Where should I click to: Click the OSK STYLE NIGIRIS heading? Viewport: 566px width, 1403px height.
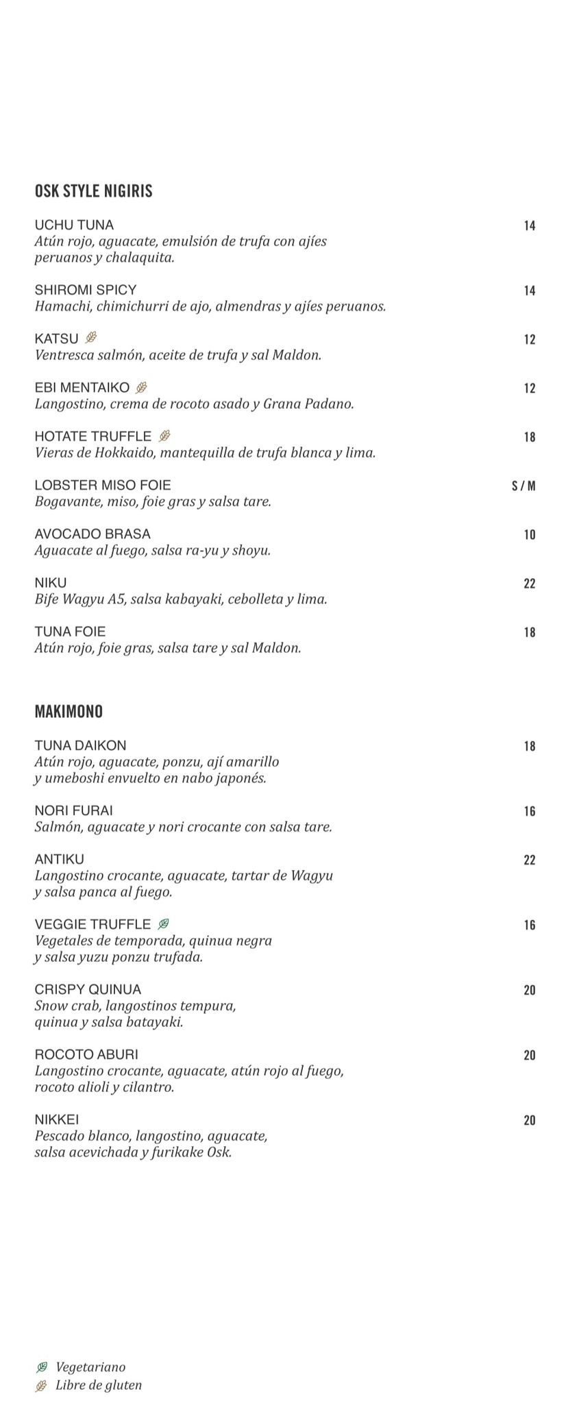[93, 191]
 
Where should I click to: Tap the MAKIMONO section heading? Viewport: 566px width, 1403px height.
[69, 712]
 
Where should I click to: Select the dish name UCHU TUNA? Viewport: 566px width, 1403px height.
[74, 225]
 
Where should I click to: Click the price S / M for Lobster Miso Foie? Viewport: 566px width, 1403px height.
[524, 486]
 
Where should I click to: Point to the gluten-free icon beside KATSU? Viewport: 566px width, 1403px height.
[91, 338]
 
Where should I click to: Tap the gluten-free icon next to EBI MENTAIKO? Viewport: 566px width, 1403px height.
[142, 387]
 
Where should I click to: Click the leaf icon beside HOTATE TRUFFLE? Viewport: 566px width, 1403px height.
[164, 436]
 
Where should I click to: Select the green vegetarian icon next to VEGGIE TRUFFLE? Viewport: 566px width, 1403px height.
[163, 924]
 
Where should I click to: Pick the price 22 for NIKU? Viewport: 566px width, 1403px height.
[529, 584]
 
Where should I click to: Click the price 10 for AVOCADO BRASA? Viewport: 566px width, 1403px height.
[529, 535]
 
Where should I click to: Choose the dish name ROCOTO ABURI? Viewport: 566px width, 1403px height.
[86, 1054]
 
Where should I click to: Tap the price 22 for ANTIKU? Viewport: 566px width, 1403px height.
[529, 860]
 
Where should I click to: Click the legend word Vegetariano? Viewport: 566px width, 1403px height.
[90, 1367]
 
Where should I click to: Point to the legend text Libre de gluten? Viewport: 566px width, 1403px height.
[99, 1385]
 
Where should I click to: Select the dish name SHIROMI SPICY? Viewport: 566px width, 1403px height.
[86, 290]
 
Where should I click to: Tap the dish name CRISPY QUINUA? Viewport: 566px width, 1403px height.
[88, 989]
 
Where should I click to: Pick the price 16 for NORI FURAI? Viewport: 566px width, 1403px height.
[529, 811]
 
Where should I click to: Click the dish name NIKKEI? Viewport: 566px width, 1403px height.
[57, 1119]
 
